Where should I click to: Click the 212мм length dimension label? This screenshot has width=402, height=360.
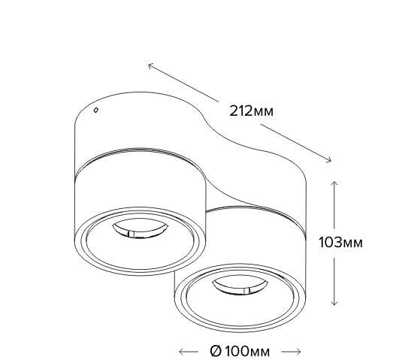pyautogui.click(x=251, y=111)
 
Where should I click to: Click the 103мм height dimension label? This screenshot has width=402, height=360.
pyautogui.click(x=340, y=242)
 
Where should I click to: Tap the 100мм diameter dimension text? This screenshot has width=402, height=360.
pyautogui.click(x=247, y=352)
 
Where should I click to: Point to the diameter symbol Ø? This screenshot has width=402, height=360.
pyautogui.click(x=216, y=351)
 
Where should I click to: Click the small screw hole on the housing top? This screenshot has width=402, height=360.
pyautogui.click(x=96, y=110)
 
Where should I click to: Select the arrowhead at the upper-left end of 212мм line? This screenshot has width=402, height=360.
pyautogui.click(x=151, y=65)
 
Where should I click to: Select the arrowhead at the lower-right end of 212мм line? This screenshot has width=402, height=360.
pyautogui.click(x=328, y=160)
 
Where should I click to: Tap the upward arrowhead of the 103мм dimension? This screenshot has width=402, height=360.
pyautogui.click(x=334, y=183)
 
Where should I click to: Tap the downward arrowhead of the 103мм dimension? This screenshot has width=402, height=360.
pyautogui.click(x=334, y=303)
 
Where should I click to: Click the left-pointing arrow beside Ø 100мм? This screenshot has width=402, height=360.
pyautogui.click(x=189, y=352)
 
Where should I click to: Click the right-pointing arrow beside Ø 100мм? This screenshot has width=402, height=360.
pyautogui.click(x=291, y=352)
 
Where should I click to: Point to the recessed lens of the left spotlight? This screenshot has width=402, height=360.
pyautogui.click(x=141, y=228)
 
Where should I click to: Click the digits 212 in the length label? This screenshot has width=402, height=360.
pyautogui.click(x=241, y=111)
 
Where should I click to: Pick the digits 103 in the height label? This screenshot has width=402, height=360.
pyautogui.click(x=330, y=242)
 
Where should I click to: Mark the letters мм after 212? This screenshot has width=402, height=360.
pyautogui.click(x=264, y=112)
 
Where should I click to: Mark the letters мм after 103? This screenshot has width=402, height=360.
pyautogui.click(x=352, y=244)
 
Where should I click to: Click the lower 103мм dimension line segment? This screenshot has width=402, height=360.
pyautogui.click(x=334, y=282)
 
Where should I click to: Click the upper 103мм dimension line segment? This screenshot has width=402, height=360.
pyautogui.click(x=334, y=204)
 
